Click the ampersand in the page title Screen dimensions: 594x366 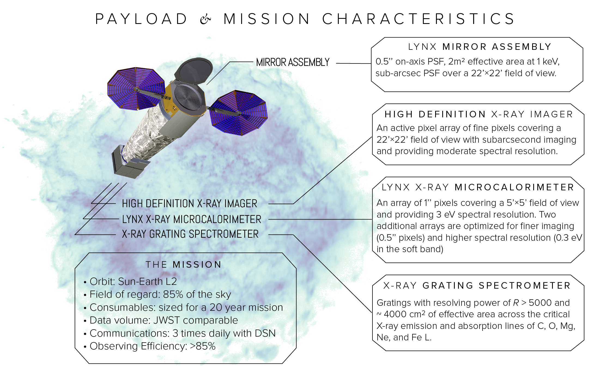click(x=205, y=19)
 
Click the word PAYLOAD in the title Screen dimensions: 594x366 click(x=141, y=19)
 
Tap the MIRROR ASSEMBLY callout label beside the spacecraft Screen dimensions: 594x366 click(x=293, y=62)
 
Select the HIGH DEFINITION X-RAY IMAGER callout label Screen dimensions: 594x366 click(x=189, y=203)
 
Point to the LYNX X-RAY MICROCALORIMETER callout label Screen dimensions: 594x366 click(x=192, y=219)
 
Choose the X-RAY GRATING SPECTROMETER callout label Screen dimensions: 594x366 click(x=190, y=234)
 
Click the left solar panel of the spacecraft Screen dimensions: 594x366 click(x=136, y=89)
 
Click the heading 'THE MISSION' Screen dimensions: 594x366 click(x=184, y=264)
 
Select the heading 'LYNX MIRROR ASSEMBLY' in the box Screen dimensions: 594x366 click(x=480, y=47)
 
